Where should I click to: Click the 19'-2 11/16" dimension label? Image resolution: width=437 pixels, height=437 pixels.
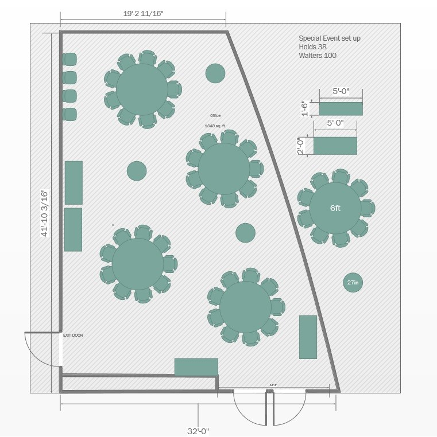pos(143,13)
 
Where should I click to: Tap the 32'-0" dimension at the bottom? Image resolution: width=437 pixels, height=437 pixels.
pos(199,431)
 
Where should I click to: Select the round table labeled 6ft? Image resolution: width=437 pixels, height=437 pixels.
pos(335,208)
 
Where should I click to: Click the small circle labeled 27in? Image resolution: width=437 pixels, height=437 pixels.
pos(353,282)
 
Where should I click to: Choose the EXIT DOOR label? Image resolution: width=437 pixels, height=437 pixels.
pos(73,335)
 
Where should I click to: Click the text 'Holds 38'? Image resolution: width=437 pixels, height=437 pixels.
pos(313,47)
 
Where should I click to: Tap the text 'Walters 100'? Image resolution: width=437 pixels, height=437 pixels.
pos(318,56)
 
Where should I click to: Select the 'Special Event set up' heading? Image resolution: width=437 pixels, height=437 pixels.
pos(330,38)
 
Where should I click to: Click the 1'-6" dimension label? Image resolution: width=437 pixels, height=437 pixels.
pos(305,108)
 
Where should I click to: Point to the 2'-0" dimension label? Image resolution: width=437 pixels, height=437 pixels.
pos(300,146)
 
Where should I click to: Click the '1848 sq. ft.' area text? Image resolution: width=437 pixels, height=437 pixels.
pos(215,126)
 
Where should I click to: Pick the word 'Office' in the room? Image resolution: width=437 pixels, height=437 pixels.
pos(215,116)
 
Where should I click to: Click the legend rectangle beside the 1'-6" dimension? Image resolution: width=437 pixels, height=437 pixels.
pos(341,109)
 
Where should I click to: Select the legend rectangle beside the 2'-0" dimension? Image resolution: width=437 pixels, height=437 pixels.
pos(335,146)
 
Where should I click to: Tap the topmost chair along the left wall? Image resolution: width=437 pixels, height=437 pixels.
pos(69,59)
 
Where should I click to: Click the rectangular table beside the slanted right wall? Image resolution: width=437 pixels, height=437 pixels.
pos(308,337)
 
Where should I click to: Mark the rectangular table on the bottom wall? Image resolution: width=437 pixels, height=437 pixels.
pos(196,367)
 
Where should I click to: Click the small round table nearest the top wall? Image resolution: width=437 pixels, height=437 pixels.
pos(215,73)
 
